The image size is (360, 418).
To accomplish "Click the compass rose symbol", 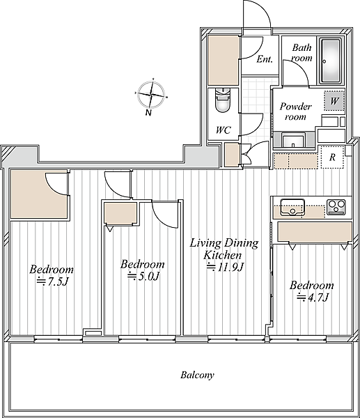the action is click(x=151, y=94).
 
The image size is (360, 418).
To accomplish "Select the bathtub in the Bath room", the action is click(x=331, y=61).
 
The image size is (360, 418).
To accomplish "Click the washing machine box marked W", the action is click(x=334, y=101).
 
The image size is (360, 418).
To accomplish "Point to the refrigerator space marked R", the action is click(x=332, y=157).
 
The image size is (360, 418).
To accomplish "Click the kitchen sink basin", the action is click(x=292, y=207).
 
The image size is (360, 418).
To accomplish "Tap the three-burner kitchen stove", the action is click(x=336, y=207).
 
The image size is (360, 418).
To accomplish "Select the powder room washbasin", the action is click(x=293, y=141).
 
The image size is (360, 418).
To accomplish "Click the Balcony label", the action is click(x=197, y=375).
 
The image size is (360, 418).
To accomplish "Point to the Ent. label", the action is click(x=265, y=59).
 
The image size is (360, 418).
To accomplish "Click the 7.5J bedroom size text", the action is click(x=52, y=281).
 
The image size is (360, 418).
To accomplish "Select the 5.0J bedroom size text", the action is click(x=143, y=277).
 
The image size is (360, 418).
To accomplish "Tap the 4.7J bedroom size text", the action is click(x=313, y=297).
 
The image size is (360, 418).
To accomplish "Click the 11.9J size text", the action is click(x=225, y=267).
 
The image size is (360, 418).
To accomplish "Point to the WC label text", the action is click(x=223, y=130).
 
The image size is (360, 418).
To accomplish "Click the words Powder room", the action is click(x=295, y=111).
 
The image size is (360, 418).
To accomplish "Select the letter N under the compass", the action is click(x=148, y=112).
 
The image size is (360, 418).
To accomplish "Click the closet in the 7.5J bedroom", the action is click(x=38, y=194).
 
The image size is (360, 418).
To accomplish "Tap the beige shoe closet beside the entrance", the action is click(x=224, y=61).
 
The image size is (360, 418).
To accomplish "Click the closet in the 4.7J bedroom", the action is click(x=315, y=231).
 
